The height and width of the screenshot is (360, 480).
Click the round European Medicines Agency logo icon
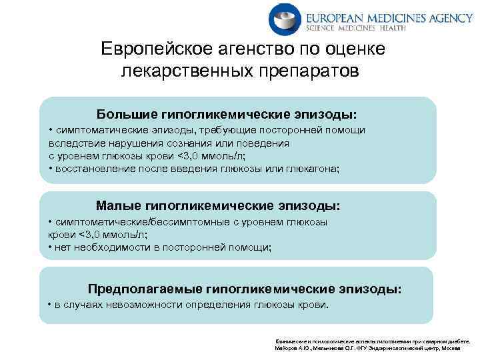[x=285, y=19]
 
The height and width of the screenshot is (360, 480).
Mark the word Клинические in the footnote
[x=288, y=339]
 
